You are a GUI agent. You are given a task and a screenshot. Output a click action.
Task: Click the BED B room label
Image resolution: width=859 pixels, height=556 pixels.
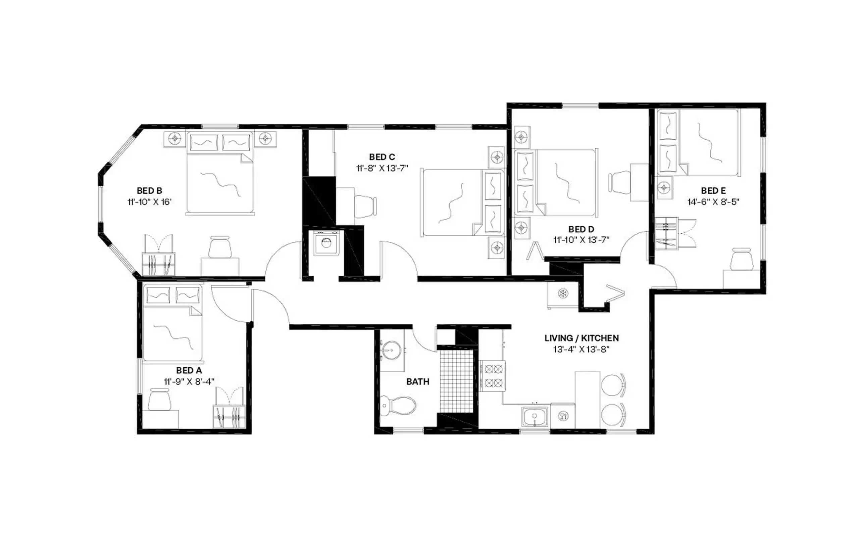point(149,191)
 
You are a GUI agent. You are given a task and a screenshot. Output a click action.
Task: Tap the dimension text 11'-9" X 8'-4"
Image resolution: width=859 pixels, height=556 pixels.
point(189,381)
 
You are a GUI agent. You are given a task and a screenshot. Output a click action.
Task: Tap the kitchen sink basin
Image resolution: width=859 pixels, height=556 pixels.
point(534,416)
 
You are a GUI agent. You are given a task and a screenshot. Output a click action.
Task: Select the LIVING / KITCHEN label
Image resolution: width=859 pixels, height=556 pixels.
point(581,338)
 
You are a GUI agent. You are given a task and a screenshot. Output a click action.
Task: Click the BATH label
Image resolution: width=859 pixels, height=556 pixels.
point(417,382)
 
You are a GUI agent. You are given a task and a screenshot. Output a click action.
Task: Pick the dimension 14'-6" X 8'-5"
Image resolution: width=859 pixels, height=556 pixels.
point(713,202)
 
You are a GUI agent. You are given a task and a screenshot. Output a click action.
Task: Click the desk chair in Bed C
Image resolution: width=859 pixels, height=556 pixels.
point(365,206)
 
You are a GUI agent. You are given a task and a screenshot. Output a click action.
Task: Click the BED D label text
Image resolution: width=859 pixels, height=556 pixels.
point(581,229)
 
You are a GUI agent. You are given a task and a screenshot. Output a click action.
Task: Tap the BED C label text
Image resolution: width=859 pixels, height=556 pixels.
point(382,157)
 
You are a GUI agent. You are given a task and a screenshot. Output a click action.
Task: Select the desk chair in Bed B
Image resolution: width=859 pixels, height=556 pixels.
point(220,247)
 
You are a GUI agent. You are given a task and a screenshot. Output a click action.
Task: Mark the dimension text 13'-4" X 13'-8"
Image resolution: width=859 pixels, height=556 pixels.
point(581,349)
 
